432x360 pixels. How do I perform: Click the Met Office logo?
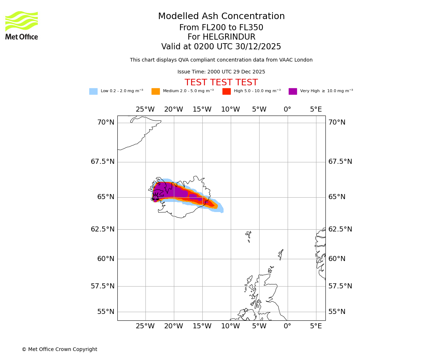(22, 25)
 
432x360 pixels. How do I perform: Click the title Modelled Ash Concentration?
(221, 17)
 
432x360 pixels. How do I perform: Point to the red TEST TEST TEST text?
(221, 82)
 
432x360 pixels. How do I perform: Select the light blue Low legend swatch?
(93, 91)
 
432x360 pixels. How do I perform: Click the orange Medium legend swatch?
(156, 91)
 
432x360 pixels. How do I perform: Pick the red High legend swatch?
(226, 91)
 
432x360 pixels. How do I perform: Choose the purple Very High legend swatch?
(293, 91)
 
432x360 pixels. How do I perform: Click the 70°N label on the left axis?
(106, 122)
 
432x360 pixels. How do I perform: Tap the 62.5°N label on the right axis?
(340, 229)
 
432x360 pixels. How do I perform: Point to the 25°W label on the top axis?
(145, 109)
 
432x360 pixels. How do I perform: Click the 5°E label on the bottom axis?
(316, 326)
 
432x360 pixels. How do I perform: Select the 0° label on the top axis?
(287, 109)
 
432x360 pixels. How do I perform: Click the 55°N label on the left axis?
(106, 312)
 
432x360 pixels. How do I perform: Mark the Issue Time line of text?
(221, 72)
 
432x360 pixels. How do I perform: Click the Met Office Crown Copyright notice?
(59, 349)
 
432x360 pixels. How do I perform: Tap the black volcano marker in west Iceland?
(155, 197)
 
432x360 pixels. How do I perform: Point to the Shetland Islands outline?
(281, 255)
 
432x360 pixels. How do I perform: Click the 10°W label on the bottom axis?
(230, 326)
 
